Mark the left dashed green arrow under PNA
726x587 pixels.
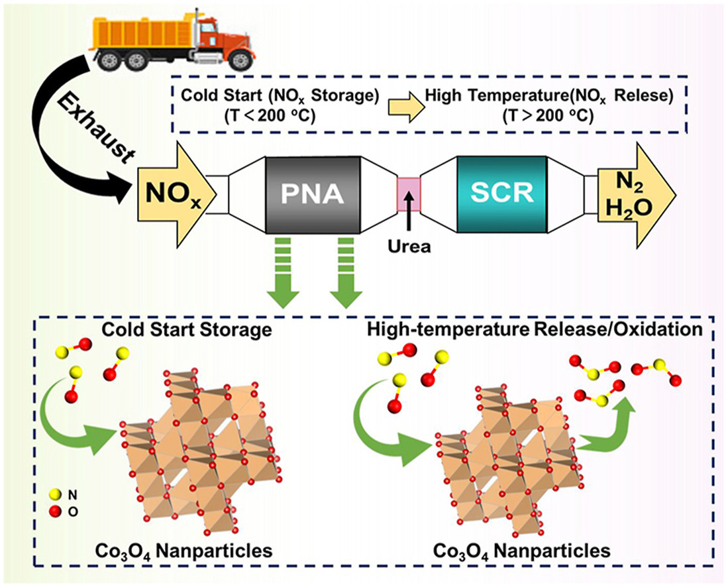[x=282, y=278]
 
